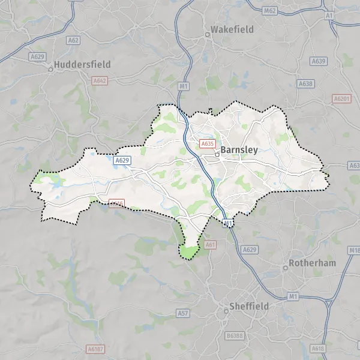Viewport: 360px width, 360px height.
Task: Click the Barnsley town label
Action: [x=239, y=150]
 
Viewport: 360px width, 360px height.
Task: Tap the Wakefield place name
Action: [x=232, y=29]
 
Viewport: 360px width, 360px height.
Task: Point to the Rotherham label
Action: [x=313, y=263]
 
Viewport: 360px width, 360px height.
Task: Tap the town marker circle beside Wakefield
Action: [x=208, y=34]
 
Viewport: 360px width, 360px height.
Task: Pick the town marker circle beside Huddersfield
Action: [x=51, y=69]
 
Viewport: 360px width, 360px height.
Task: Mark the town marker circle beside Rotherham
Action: [x=286, y=268]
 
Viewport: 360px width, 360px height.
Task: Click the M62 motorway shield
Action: [x=269, y=10]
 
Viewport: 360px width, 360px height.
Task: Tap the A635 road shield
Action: [x=208, y=144]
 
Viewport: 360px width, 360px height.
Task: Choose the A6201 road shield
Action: [x=341, y=97]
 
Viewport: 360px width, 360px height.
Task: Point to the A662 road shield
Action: [x=100, y=80]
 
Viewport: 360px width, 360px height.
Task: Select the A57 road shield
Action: [x=183, y=313]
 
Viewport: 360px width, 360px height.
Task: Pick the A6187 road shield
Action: [x=94, y=349]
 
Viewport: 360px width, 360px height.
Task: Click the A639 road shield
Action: [x=319, y=61]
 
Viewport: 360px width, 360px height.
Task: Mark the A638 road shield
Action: [x=306, y=83]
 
